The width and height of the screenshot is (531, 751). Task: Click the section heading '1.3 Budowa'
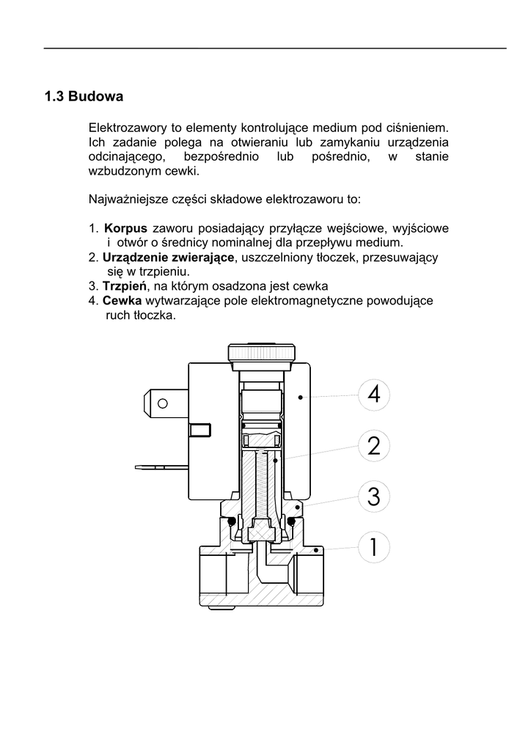(83, 97)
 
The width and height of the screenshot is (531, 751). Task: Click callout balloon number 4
(374, 395)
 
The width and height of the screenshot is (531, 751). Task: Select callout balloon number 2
(374, 446)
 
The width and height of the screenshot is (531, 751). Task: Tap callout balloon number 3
(374, 497)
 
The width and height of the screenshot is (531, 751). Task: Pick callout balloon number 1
(374, 547)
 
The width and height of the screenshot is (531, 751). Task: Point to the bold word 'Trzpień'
(125, 286)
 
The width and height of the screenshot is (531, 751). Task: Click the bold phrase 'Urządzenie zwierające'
(169, 257)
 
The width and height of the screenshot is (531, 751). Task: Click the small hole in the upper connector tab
(162, 403)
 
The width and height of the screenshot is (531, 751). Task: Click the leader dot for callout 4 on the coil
(301, 397)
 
